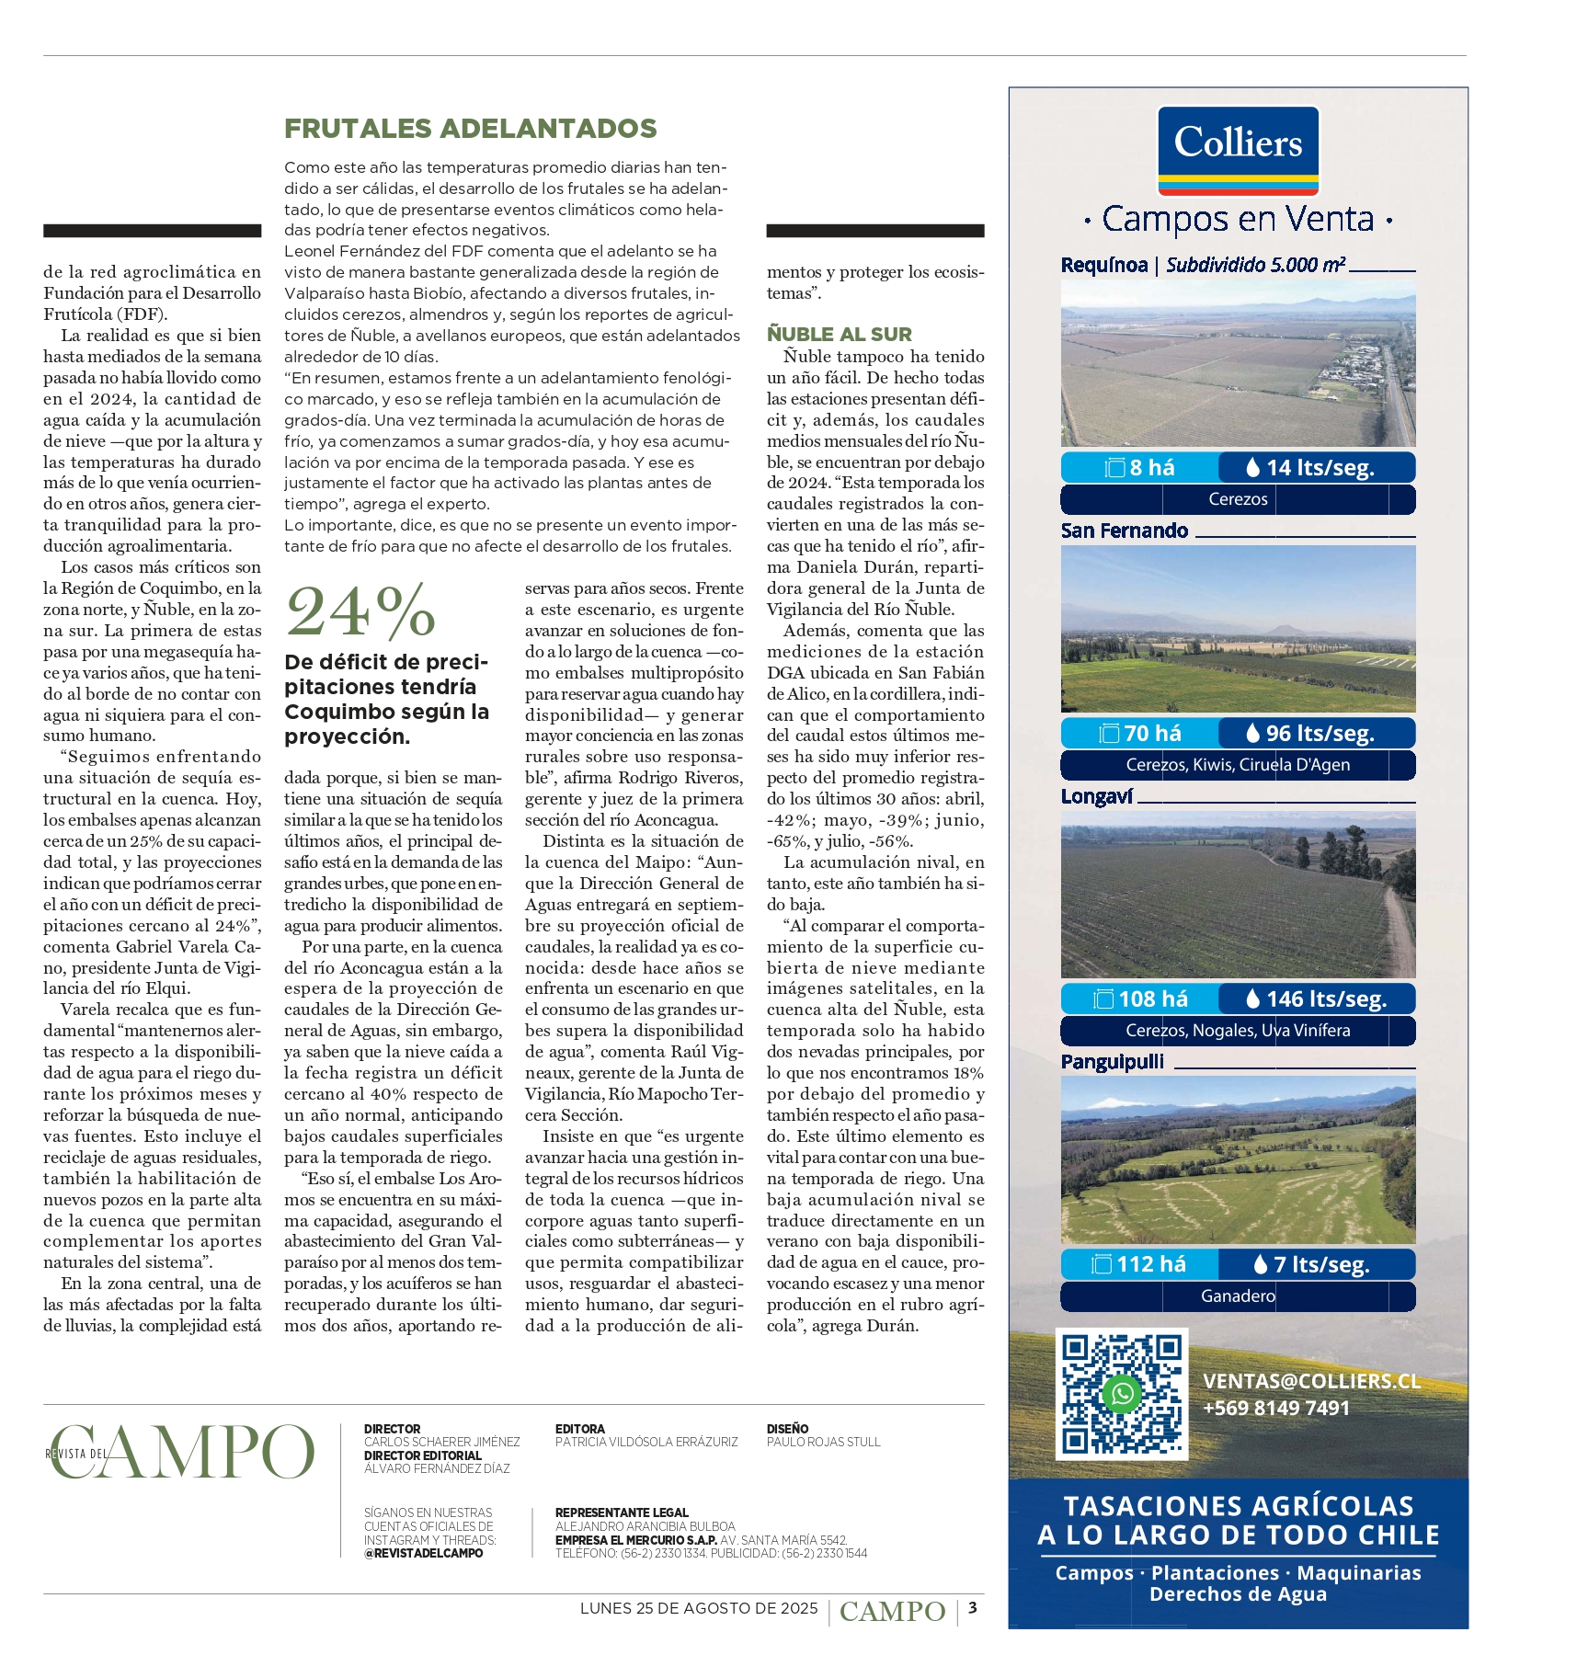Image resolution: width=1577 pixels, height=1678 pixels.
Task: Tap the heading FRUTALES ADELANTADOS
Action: pyautogui.click(x=470, y=129)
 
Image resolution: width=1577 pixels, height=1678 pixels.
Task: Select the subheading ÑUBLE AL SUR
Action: pyautogui.click(x=839, y=334)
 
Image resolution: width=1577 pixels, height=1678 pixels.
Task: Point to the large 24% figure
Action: pyautogui.click(x=360, y=611)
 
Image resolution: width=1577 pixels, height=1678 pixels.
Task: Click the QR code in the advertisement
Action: pyautogui.click(x=1122, y=1393)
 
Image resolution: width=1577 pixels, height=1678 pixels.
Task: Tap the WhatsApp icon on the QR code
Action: pyautogui.click(x=1122, y=1393)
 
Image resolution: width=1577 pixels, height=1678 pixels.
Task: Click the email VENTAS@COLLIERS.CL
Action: pyautogui.click(x=1311, y=1381)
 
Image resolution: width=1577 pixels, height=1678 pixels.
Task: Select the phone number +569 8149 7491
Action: pyautogui.click(x=1275, y=1408)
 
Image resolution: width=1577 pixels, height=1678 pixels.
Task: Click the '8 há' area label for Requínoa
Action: pyautogui.click(x=1140, y=467)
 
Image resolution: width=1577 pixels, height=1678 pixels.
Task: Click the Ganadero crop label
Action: pyautogui.click(x=1238, y=1296)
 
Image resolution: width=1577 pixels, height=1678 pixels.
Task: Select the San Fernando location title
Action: pyautogui.click(x=1124, y=531)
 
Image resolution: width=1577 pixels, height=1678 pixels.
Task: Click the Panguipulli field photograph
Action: pyautogui.click(x=1238, y=1160)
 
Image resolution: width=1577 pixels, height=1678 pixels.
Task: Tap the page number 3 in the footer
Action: pyautogui.click(x=972, y=1608)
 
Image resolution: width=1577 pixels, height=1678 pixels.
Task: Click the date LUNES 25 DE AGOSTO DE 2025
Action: pyautogui.click(x=699, y=1608)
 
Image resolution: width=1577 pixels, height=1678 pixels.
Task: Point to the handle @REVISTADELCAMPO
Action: pyautogui.click(x=423, y=1553)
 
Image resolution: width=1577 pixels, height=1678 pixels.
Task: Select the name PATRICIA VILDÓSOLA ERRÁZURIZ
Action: pyautogui.click(x=646, y=1442)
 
